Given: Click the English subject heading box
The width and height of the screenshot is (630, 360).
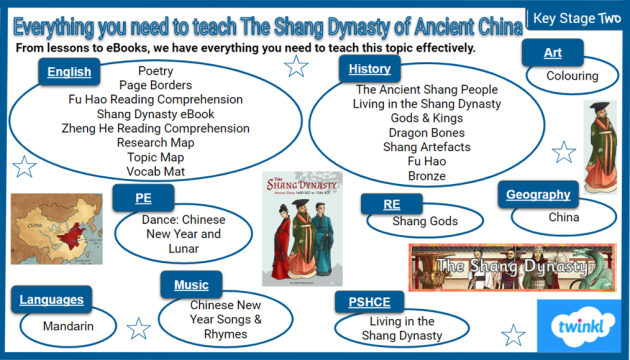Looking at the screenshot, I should point(69,71).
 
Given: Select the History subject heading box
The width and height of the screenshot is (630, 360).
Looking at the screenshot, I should point(370,69).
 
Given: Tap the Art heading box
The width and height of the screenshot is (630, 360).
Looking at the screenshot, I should point(553,53).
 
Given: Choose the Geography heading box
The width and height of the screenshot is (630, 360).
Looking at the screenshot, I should point(537,195).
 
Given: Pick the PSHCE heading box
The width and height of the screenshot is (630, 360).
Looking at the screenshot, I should point(370,300).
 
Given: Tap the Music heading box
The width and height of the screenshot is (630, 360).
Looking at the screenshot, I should point(191,285).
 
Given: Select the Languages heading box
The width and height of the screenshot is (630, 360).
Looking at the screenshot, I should point(49,299).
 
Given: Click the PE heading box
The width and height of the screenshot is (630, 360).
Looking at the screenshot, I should point(144,198).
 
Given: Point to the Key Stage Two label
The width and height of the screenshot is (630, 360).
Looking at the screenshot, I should point(578,17).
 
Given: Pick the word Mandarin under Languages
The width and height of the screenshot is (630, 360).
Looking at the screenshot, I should point(68,326).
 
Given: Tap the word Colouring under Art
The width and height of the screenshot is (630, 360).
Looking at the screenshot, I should point(571,75).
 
